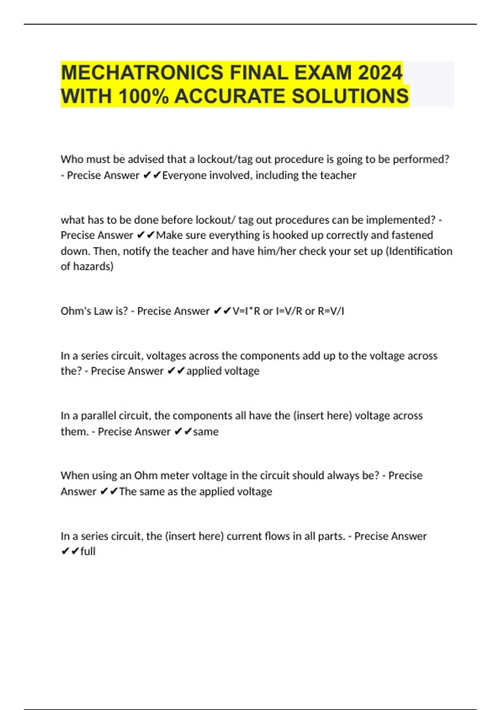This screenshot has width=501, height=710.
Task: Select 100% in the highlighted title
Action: coord(144,96)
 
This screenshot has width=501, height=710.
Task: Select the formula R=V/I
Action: coord(331,311)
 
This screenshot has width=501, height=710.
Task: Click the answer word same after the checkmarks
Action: coord(205,431)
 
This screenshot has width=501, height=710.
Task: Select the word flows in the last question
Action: coord(278,536)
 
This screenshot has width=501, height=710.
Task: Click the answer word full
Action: coord(88,552)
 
